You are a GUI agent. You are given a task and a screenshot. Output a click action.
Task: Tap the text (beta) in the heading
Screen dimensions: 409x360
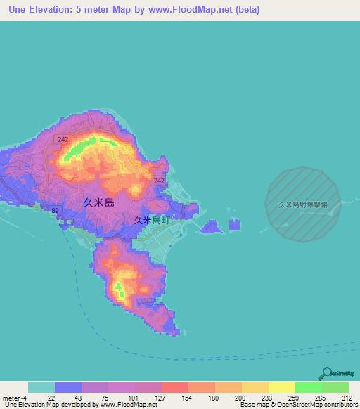tap(224, 10)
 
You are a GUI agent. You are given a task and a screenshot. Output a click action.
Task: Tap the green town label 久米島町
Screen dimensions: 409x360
tap(153, 220)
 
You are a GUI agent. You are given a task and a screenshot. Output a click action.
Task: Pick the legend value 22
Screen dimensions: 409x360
tap(51, 397)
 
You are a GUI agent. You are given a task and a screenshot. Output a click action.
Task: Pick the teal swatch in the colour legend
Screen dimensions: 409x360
tap(41, 387)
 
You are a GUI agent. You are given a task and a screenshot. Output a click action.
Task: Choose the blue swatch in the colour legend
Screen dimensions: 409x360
tap(67, 387)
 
